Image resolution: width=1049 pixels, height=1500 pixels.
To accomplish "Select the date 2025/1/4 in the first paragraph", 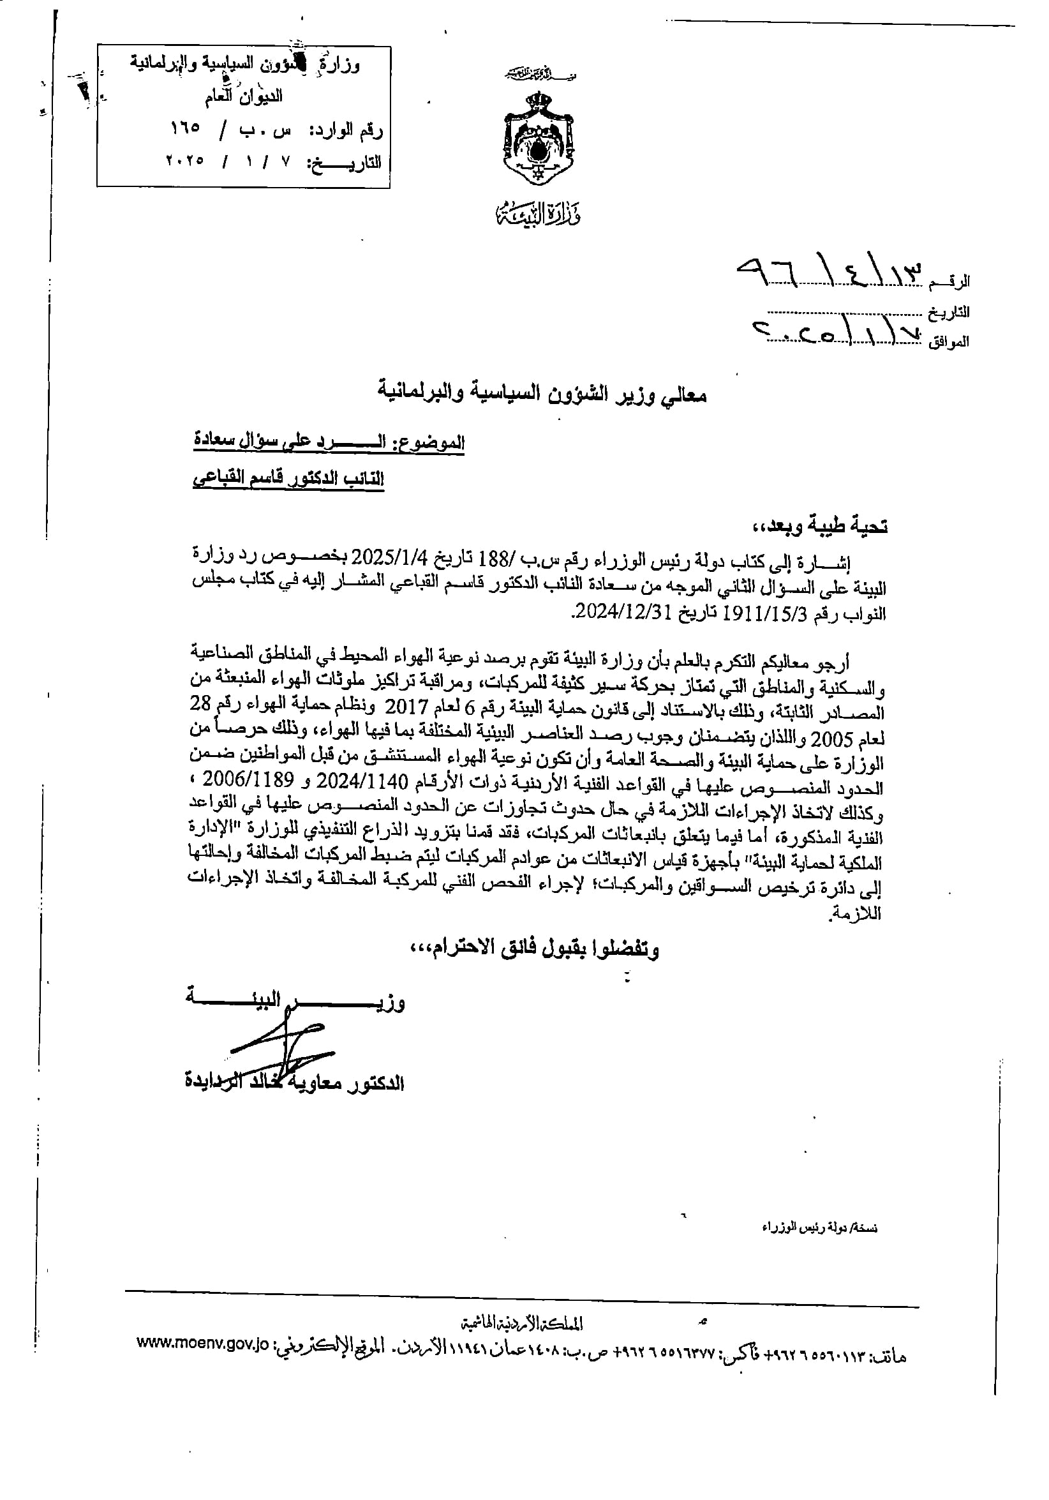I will pos(389,559).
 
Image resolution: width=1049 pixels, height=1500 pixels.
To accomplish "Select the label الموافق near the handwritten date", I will pos(948,341).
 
